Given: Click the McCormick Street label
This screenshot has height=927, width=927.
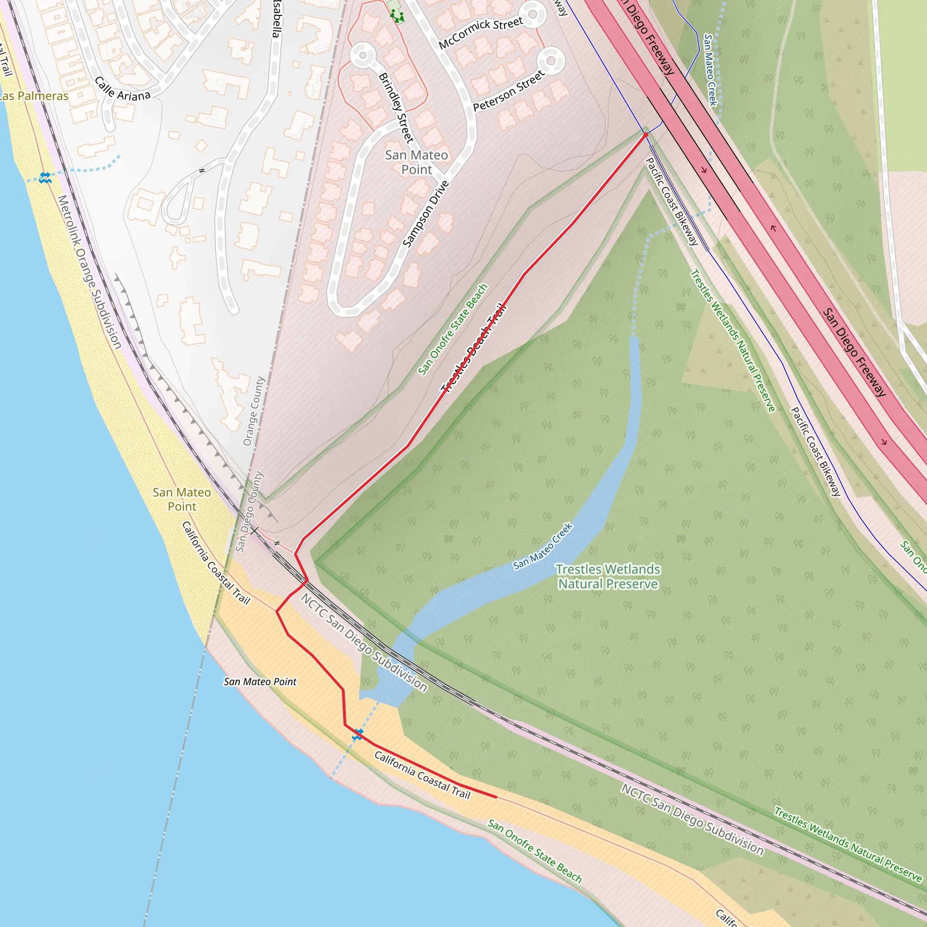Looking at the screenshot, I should click(x=481, y=33).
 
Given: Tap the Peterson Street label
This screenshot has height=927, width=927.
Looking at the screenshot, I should click(x=509, y=91).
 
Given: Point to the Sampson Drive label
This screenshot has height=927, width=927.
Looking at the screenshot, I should click(x=425, y=214).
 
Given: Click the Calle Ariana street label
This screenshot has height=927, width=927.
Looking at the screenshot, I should click(x=122, y=89).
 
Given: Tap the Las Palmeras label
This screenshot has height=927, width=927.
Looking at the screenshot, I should click(x=33, y=96).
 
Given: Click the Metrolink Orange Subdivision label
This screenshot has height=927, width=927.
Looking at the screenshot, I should click(x=89, y=272).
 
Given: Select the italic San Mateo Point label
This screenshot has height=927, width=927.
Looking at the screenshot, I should click(x=260, y=682).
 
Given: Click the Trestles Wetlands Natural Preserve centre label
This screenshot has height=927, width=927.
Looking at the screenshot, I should click(x=608, y=576).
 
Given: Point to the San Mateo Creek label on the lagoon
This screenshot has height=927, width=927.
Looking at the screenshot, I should click(x=543, y=546).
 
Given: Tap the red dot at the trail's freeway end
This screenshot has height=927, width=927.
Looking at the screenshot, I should click(x=646, y=135).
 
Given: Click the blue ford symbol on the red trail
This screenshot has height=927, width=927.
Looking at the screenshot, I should click(x=358, y=734).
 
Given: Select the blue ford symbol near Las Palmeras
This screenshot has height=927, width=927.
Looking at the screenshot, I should click(x=45, y=177).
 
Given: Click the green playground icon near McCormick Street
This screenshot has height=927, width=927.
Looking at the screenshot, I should click(x=397, y=17).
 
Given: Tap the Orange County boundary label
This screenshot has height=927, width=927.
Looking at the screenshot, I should click(x=254, y=411).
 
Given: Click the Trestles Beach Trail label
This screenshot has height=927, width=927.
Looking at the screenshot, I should click(x=473, y=347).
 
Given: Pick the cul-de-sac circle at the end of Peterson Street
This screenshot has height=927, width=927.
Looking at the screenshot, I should click(x=551, y=61).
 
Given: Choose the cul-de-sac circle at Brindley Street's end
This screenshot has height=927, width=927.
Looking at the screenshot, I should click(x=363, y=55).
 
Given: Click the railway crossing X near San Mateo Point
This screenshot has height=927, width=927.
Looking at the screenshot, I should click(x=254, y=530).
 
